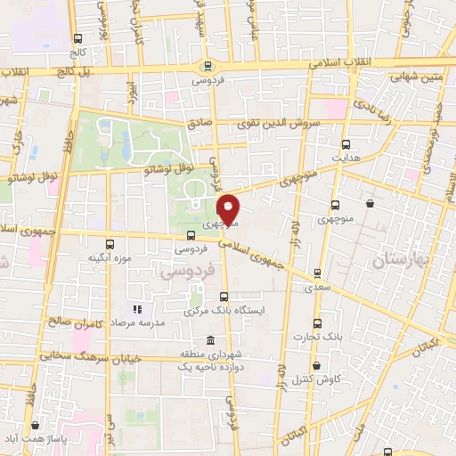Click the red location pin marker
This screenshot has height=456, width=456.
click(x=229, y=208)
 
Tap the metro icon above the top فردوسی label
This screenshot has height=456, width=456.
click(x=208, y=64)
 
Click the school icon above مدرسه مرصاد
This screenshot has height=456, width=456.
click(x=138, y=309)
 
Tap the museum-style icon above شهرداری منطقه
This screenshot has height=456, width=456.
click(x=209, y=340)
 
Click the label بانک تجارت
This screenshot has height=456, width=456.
click(x=318, y=338)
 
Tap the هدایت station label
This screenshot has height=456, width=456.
click(x=346, y=156)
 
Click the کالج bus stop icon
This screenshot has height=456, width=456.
click(x=78, y=39)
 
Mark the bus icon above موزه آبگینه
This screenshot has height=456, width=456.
click(x=110, y=243)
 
